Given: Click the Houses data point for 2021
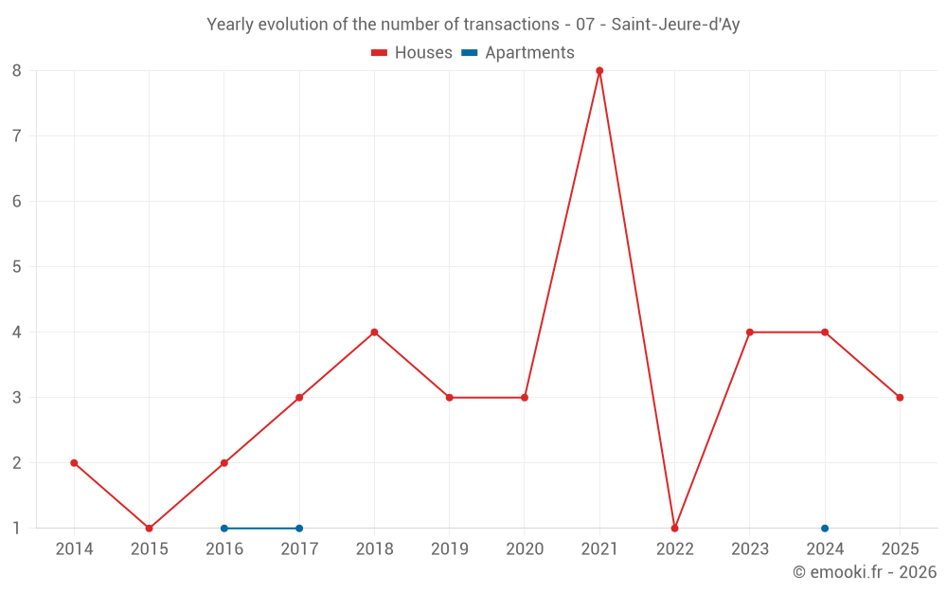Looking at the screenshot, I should [x=599, y=70].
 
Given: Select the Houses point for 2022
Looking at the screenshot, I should [x=674, y=529].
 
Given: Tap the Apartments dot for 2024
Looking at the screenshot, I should [x=825, y=529].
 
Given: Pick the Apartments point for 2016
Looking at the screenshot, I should [x=224, y=529].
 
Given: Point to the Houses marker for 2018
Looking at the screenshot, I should [x=374, y=332].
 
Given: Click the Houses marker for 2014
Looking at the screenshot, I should [x=74, y=463].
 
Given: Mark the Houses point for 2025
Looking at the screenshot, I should [x=900, y=398].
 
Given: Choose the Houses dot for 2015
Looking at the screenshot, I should [x=149, y=529].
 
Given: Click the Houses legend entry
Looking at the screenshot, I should [x=412, y=53].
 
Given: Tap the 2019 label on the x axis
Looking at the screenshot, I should [x=449, y=549].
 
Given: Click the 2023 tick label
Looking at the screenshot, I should [x=749, y=549].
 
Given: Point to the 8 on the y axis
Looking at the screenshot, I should [x=17, y=70].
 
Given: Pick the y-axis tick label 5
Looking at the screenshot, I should [x=17, y=267].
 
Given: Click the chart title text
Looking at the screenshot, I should [x=473, y=25].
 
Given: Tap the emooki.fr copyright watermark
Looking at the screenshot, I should [x=864, y=572].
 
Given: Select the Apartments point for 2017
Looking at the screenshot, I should [x=299, y=529].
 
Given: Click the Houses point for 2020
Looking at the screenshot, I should [x=525, y=398].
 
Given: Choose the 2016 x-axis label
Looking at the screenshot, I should [x=224, y=549].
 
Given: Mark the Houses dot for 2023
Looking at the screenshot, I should [x=749, y=332].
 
